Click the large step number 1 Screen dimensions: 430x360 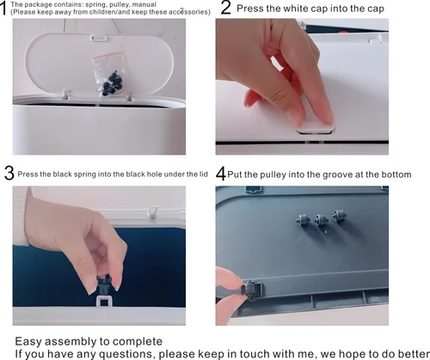click(x=3, y=9)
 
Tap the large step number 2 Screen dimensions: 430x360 click(x=226, y=8)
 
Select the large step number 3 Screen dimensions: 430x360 click(x=9, y=174)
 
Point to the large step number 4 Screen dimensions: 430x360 click(x=221, y=174)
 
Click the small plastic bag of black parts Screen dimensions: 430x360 click(x=110, y=74)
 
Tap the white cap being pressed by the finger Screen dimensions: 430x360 click(x=316, y=127)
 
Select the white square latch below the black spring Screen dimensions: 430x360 click(x=104, y=301)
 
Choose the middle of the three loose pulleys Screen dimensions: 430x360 click(x=322, y=221)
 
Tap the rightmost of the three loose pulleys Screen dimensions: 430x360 click(x=340, y=216)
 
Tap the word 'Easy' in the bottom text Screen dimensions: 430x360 click(x=28, y=342)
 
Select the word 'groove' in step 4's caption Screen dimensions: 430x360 click(x=322, y=174)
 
